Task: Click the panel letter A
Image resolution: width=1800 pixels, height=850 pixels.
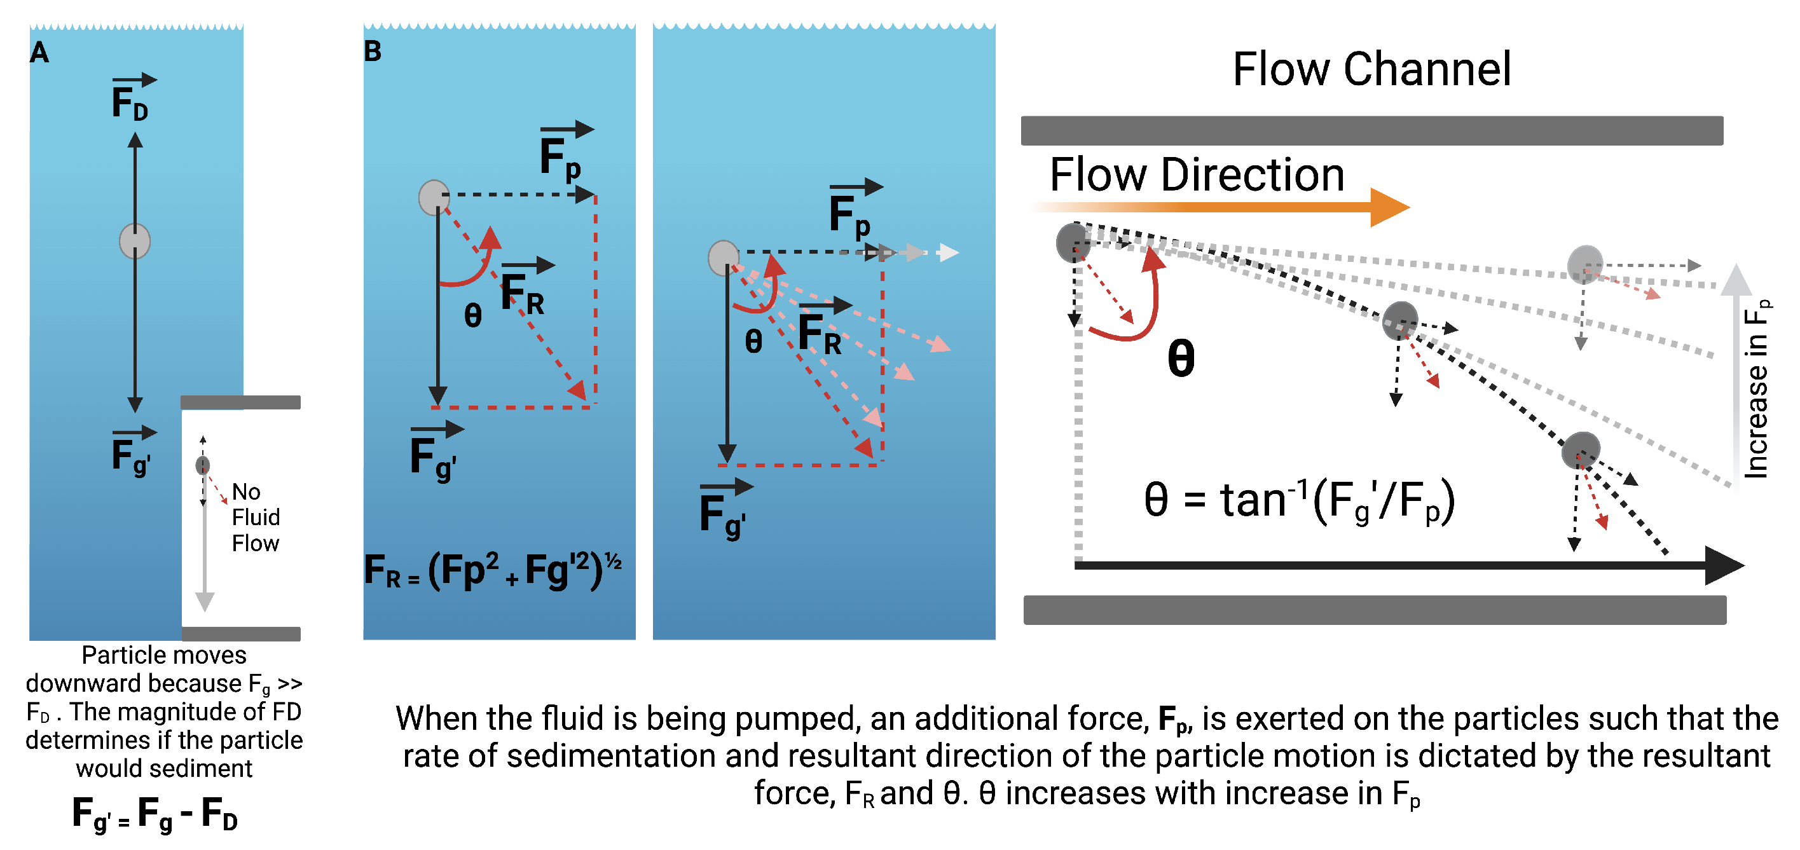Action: (39, 52)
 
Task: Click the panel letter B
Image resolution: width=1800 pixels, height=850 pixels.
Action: (373, 51)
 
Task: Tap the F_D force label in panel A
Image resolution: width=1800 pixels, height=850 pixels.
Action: (131, 101)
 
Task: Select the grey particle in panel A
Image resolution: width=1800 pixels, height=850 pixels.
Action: (135, 241)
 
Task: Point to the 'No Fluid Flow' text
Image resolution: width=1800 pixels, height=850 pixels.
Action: (255, 518)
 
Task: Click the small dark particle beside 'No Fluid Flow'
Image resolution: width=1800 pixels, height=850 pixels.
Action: (203, 465)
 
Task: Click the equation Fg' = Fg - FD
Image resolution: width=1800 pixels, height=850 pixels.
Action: (155, 814)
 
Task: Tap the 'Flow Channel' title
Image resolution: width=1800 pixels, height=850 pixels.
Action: (1371, 69)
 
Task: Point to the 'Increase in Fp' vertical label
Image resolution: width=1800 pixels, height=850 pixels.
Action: (1755, 388)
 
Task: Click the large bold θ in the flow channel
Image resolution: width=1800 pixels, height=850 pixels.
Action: (1181, 359)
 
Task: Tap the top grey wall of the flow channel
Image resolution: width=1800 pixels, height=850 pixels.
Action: (1371, 130)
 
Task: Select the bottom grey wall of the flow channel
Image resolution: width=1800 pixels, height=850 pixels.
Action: (1374, 610)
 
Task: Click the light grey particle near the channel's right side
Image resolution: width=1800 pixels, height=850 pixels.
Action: (1585, 264)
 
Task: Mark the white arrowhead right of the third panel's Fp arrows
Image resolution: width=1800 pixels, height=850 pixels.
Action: (948, 252)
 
